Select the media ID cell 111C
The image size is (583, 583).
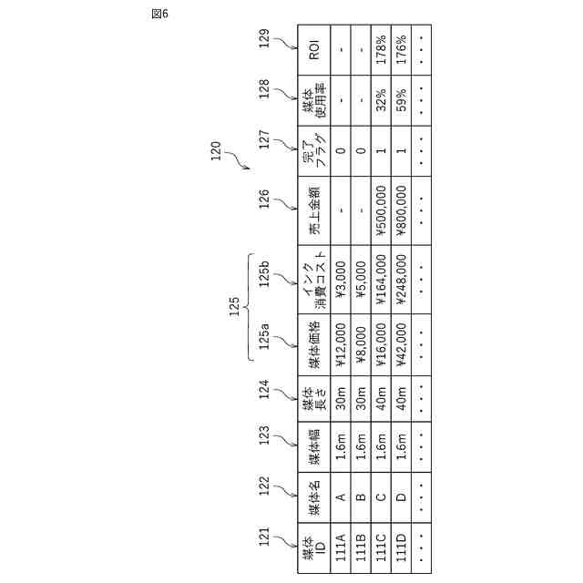click(x=382, y=549)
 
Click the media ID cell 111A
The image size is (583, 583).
click(x=340, y=549)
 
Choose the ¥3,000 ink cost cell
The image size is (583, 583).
click(x=340, y=278)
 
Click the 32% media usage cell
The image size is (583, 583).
click(x=382, y=98)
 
